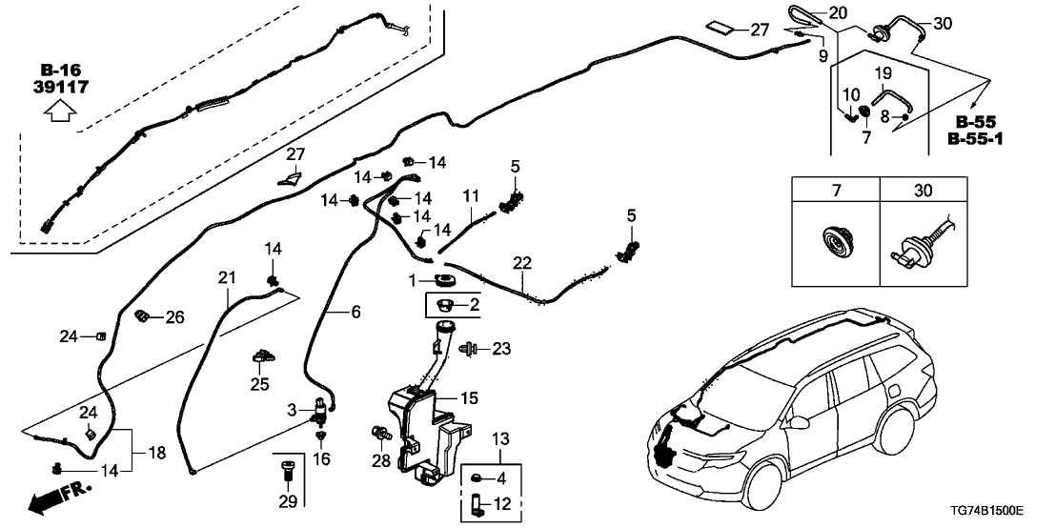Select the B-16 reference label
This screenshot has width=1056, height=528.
tap(60, 70)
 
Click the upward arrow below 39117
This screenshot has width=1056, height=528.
tap(60, 113)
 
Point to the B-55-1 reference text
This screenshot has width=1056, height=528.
tap(980, 139)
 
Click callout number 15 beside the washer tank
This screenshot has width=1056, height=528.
tap(468, 397)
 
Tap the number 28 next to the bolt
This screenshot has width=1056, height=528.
tap(379, 461)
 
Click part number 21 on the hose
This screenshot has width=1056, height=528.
tap(226, 277)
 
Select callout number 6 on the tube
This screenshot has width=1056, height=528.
tap(355, 312)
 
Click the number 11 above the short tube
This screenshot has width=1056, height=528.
tap(469, 195)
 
